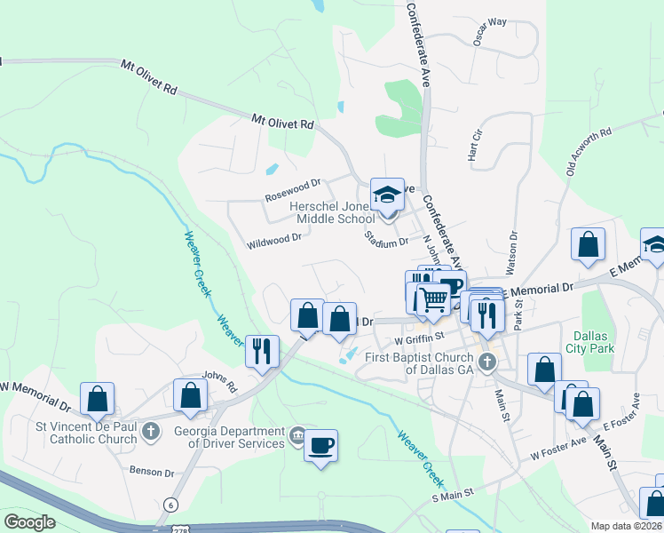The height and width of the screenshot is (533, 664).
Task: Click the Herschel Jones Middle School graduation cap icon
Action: tap(387, 195)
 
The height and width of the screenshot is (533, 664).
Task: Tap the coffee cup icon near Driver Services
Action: tap(320, 443)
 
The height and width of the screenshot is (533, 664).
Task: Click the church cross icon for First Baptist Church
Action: tap(486, 362)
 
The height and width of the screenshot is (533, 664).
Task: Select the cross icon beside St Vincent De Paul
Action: tap(152, 432)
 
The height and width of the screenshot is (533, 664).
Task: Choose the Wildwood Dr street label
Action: tap(274, 237)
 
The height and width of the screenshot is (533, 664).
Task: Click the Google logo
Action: tap(29, 522)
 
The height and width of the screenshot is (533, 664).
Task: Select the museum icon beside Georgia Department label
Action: tap(297, 436)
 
